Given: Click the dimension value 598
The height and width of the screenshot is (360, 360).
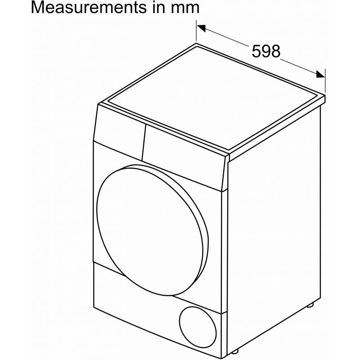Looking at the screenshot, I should point(266,51).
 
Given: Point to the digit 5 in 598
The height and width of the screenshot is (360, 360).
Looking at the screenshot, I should point(257,51).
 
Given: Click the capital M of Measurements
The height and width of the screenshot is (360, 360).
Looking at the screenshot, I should point(38,9).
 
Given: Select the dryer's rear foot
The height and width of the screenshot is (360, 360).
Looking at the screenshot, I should point(310,305).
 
